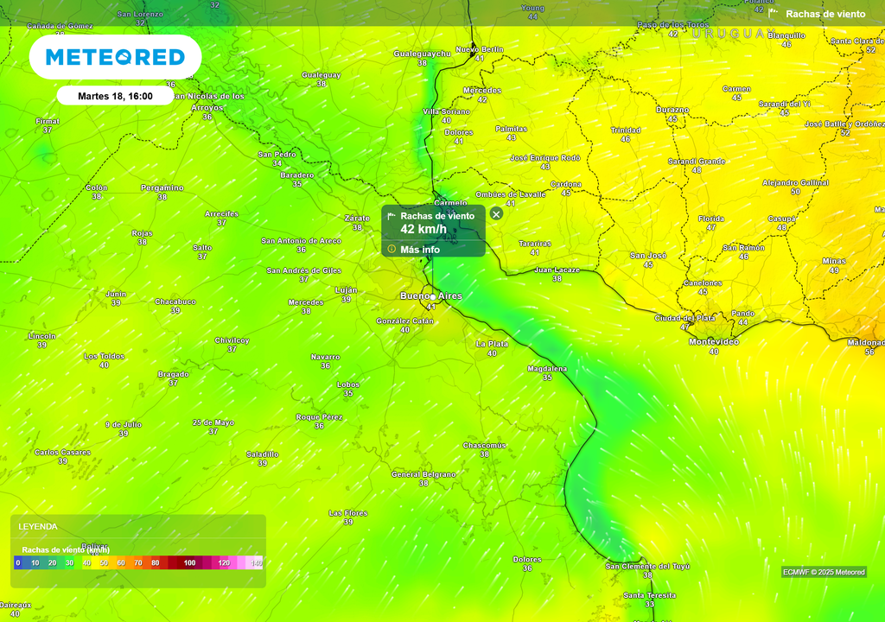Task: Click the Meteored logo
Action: click(x=115, y=57)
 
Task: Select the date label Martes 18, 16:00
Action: click(x=115, y=96)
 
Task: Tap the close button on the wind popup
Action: click(x=496, y=213)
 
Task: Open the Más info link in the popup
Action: click(x=419, y=250)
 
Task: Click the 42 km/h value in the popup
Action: click(x=423, y=229)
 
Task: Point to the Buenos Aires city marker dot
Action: click(x=433, y=297)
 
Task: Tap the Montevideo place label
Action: click(x=713, y=342)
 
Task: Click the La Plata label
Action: click(x=492, y=344)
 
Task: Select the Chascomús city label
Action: click(x=484, y=446)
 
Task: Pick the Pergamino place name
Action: click(x=162, y=187)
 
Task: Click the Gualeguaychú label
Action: click(x=423, y=54)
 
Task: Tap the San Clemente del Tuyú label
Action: click(x=647, y=567)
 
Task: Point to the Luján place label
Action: click(x=346, y=290)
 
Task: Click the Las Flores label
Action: click(x=348, y=513)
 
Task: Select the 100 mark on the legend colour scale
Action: click(x=189, y=563)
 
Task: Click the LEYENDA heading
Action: click(x=38, y=526)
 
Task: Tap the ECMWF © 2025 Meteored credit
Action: click(x=824, y=572)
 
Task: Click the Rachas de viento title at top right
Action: click(x=825, y=14)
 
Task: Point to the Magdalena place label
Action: click(x=547, y=369)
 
